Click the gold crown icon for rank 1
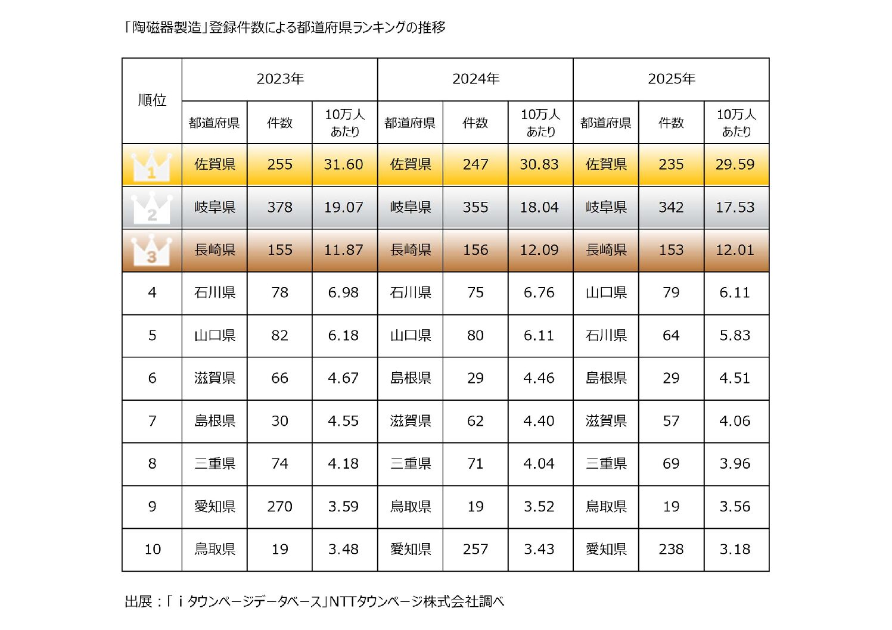[151, 166]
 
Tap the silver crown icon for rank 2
[151, 208]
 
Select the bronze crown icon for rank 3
[151, 251]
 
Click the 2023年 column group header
[280, 79]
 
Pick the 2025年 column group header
[671, 79]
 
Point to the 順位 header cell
[152, 100]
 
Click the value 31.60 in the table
[344, 164]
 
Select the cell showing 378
[279, 207]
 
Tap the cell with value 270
[279, 507]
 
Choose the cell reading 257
[475, 549]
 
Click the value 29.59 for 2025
[735, 164]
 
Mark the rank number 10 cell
[152, 549]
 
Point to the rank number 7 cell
[152, 421]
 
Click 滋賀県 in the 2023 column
[215, 378]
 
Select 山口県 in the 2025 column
[606, 292]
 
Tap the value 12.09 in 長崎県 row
[539, 250]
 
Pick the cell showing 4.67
[344, 378]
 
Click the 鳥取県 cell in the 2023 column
[215, 549]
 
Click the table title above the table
[285, 27]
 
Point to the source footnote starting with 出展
[314, 601]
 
